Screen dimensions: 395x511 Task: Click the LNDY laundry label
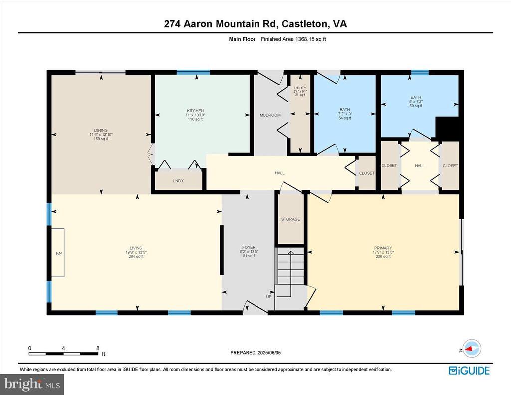[178, 181]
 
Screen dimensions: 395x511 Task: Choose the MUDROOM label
[270, 115]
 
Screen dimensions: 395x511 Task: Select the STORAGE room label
[290, 219]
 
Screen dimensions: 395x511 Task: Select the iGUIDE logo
[469, 370]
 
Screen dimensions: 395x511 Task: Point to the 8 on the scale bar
[98, 348]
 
